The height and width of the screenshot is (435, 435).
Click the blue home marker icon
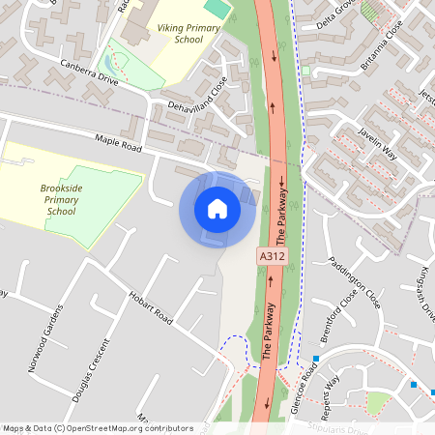(x=217, y=209)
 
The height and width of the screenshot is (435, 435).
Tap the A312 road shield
(x=272, y=257)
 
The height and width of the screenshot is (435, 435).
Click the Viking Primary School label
(x=193, y=35)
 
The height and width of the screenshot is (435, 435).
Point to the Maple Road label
(x=119, y=143)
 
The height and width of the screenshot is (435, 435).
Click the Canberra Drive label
(x=89, y=74)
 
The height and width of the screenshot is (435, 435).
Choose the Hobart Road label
(x=149, y=304)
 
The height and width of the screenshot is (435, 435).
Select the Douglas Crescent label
(x=90, y=367)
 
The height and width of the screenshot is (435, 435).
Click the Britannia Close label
(x=380, y=43)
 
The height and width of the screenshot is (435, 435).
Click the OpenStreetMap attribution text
(x=98, y=427)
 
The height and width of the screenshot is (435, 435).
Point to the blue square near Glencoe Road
(x=315, y=359)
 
